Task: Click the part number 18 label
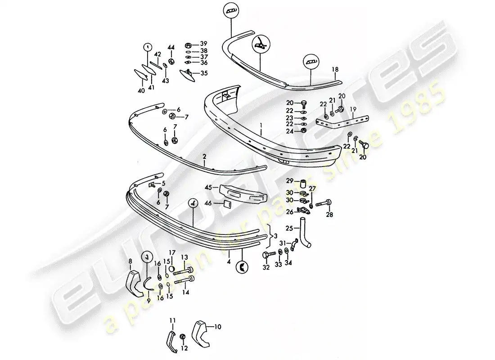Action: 335,69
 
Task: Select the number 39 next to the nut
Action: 203,44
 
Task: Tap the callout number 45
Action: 209,188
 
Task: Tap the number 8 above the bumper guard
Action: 131,261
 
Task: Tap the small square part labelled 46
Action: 227,204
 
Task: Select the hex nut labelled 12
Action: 182,337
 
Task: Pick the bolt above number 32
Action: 267,255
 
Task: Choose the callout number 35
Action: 204,73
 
